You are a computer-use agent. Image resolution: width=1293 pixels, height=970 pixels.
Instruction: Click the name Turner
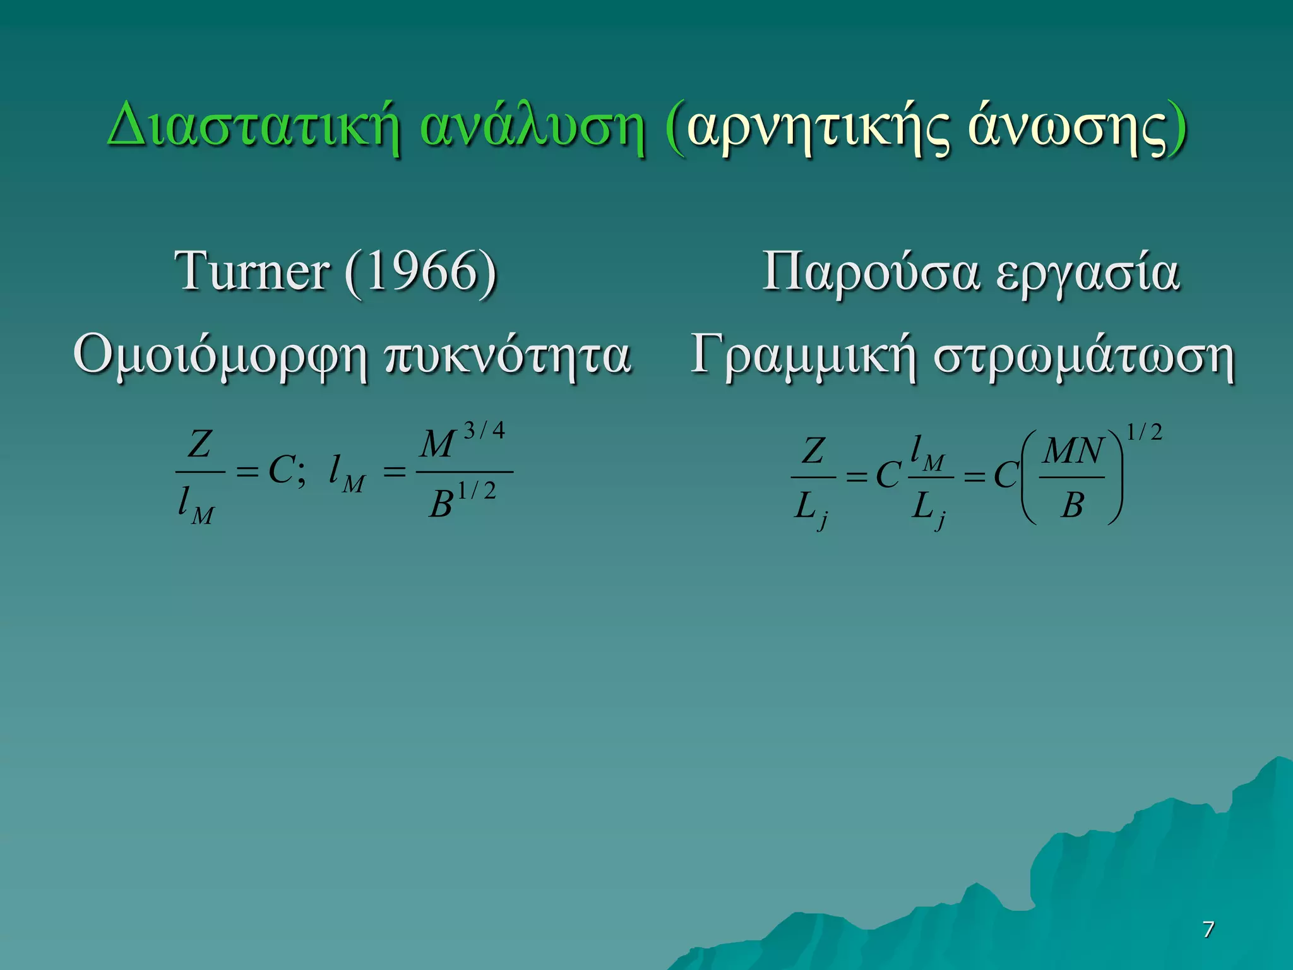tap(251, 272)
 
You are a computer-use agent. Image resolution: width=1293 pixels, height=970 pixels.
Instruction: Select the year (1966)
tap(421, 272)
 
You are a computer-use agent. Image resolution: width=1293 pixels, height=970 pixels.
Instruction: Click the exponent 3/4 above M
tap(484, 431)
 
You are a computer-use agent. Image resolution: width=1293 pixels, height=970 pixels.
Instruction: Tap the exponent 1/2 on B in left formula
tap(477, 491)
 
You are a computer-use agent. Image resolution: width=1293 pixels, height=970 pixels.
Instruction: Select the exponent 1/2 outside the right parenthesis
tap(1145, 433)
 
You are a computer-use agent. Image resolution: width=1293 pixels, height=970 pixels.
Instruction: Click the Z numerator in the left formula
tap(200, 444)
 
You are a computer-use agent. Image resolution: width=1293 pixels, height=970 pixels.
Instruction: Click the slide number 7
tap(1208, 929)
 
